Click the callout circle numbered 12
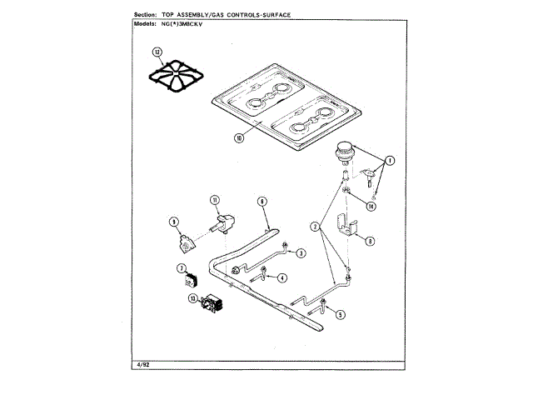point(159,52)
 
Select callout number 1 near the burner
point(389,159)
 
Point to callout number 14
point(371,205)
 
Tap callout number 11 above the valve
point(214,199)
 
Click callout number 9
point(174,222)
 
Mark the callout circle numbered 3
point(301,252)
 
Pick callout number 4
point(282,277)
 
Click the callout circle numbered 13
point(192,297)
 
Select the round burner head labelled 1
point(345,153)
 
